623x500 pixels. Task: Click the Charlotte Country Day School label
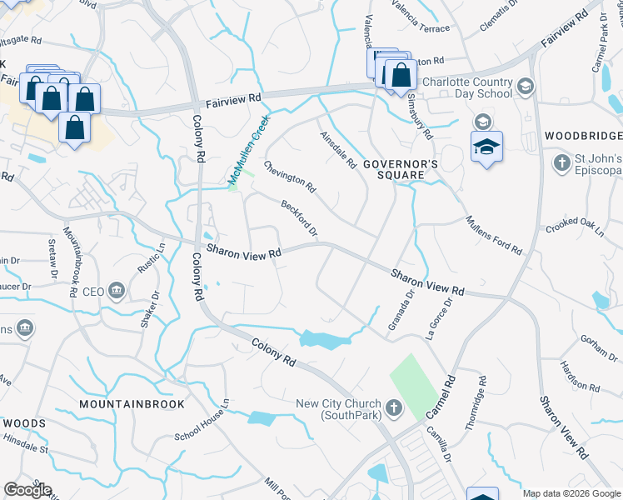(x=466, y=87)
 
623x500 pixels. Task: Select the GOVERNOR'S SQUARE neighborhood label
(x=401, y=165)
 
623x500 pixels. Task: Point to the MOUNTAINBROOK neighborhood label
(x=130, y=403)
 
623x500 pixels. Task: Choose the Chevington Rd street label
(x=290, y=175)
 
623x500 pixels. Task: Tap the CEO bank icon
(x=117, y=292)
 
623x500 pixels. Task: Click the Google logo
(x=27, y=490)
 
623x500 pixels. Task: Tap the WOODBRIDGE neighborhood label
(x=583, y=136)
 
